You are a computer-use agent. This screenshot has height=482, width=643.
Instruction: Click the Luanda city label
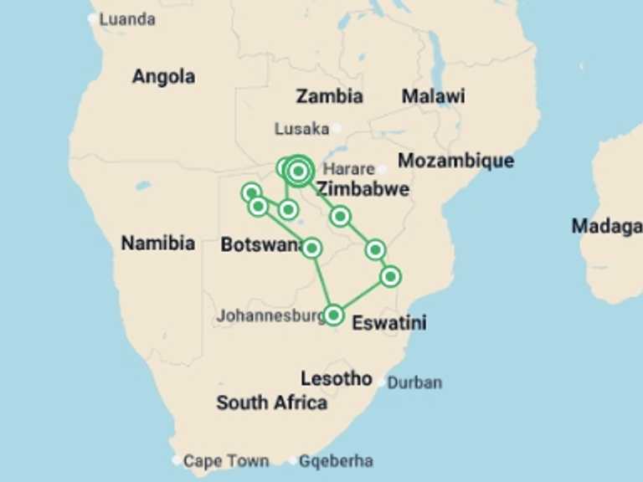tap(127, 19)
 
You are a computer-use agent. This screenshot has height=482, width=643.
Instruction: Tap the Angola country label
tap(163, 77)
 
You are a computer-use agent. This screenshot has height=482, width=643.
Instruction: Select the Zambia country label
tap(329, 96)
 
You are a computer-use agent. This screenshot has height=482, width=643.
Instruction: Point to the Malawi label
tap(433, 96)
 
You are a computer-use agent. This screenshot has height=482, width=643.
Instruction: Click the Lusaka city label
tap(301, 129)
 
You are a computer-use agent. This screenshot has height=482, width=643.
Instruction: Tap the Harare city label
tap(348, 168)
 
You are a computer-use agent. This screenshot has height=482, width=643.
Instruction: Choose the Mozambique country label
tap(455, 161)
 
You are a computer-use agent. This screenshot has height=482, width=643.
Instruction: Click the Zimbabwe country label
tap(363, 189)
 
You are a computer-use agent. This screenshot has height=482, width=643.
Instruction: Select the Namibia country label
tap(158, 244)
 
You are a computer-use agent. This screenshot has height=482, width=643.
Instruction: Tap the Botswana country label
tap(260, 245)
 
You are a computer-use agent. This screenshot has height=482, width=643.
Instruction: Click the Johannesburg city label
tap(270, 316)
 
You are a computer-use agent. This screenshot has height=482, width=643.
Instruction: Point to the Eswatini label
tap(389, 322)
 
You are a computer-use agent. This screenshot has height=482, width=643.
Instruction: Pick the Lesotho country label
tap(337, 378)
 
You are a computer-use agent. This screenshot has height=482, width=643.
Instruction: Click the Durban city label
tap(414, 383)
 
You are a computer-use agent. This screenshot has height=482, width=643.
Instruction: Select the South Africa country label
tap(271, 403)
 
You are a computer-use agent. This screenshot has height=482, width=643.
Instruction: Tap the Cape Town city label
tap(226, 461)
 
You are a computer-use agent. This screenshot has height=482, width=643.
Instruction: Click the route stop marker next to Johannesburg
tap(333, 315)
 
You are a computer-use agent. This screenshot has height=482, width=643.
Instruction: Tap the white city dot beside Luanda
tap(92, 18)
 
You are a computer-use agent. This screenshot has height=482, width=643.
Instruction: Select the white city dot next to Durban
tap(382, 382)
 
